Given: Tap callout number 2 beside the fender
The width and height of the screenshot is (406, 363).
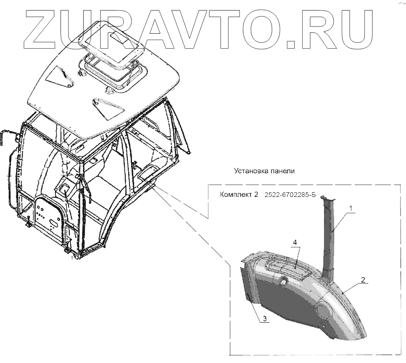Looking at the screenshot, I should pyautogui.click(x=363, y=279).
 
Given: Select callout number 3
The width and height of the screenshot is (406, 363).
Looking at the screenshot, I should pyautogui.click(x=265, y=319).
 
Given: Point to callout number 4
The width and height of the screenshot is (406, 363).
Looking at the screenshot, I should pyautogui.click(x=295, y=242).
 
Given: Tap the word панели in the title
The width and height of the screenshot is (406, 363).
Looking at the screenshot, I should pyautogui.click(x=281, y=171).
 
